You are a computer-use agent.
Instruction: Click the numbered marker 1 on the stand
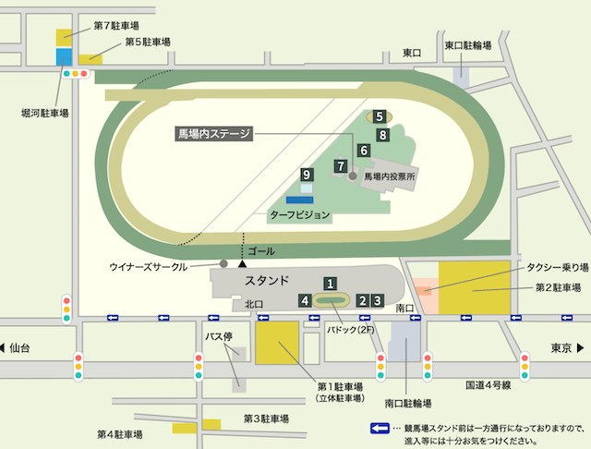coord(328,284)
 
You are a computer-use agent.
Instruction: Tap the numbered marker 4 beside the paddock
coord(305,300)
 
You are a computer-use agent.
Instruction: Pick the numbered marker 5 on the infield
coord(379,116)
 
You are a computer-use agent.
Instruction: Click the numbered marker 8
coord(382,135)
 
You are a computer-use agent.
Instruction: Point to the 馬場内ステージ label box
coord(213,134)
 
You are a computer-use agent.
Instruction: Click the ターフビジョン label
coord(298,214)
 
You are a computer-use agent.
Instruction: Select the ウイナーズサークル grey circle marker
coord(223,264)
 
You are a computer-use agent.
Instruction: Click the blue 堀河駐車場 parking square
coord(64,56)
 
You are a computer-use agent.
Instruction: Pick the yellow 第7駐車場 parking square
coord(65,37)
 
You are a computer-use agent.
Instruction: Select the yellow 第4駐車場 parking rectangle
coord(182,428)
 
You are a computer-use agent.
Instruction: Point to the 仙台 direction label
coord(20,348)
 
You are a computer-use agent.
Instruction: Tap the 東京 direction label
coord(565,348)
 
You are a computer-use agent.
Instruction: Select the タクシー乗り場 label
coord(558,266)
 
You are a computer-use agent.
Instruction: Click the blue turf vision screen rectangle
coord(299,199)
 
